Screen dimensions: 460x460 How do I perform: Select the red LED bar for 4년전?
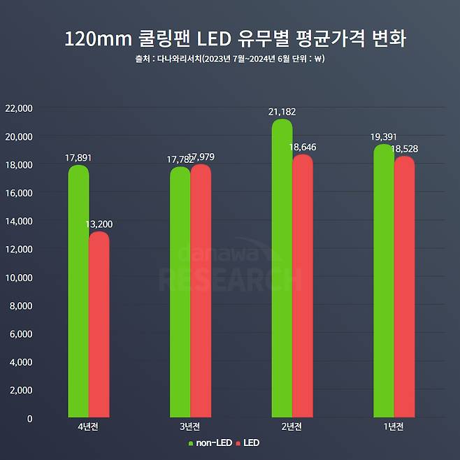(99, 324)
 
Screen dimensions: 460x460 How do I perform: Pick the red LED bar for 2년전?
(303, 286)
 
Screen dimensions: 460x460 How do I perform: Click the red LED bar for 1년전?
(404, 287)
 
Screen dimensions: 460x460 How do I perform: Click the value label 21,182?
(282, 112)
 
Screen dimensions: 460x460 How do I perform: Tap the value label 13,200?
(99, 224)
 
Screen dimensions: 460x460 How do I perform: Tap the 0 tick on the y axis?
(29, 419)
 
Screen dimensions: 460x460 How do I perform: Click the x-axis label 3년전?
(189, 426)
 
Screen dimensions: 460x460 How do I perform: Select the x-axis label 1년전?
(394, 426)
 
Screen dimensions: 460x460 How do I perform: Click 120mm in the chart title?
(95, 38)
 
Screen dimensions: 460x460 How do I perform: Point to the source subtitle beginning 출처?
(230, 59)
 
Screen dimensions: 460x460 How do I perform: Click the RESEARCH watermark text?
(230, 279)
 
